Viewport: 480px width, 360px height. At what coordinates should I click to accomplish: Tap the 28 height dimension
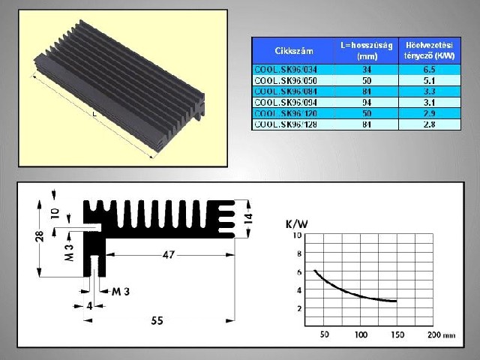pyautogui.click(x=38, y=236)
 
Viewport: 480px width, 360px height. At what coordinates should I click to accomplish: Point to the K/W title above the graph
pyautogui.click(x=296, y=224)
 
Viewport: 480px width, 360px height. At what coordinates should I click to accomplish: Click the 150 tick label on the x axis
pyautogui.click(x=397, y=334)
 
